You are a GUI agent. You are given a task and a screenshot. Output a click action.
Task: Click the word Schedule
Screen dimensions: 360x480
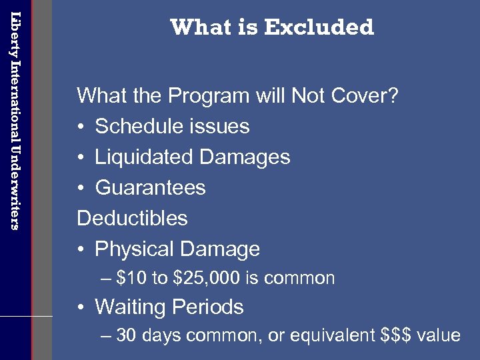point(139,127)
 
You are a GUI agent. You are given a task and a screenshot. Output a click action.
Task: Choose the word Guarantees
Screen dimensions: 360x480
point(150,188)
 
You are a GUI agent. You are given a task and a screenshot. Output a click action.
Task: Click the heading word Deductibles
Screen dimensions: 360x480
point(132,219)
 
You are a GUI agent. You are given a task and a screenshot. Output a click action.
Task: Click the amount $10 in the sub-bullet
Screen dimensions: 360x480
point(132,278)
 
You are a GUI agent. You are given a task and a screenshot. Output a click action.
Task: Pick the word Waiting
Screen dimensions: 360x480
point(130,307)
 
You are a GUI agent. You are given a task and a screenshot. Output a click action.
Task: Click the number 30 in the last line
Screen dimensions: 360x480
point(125,335)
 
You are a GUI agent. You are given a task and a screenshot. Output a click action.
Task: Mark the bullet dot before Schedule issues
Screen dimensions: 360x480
point(80,127)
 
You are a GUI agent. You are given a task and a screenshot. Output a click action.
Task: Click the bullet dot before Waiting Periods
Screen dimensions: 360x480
point(80,308)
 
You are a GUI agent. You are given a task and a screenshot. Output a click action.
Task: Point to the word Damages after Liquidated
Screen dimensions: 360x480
point(245,157)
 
